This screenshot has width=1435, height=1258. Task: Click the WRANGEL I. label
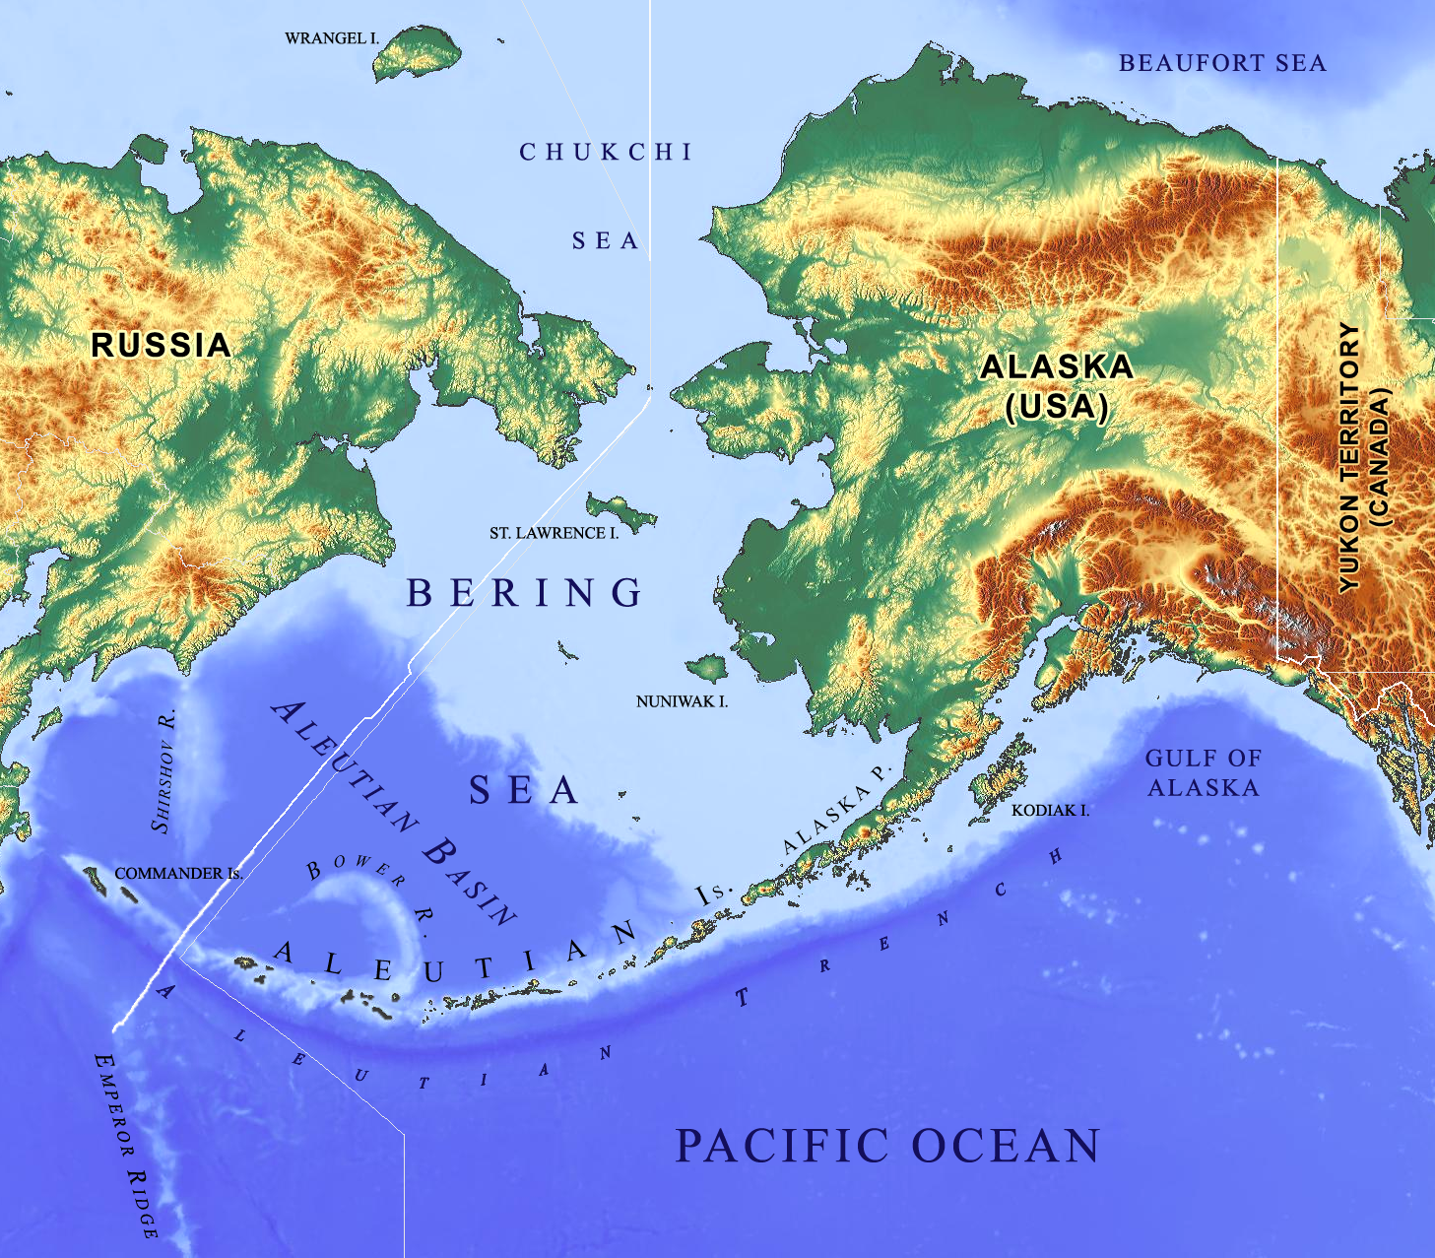(332, 38)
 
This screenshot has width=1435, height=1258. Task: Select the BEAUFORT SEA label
(1222, 63)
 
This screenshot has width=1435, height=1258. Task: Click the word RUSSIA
(162, 345)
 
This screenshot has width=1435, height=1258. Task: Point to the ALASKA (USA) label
(1057, 386)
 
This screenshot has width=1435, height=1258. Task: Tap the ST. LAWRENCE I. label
(554, 533)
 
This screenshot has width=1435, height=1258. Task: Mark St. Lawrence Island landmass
(620, 510)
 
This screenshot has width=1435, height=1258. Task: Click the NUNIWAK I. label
(682, 701)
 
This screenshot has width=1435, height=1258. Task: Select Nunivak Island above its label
(708, 669)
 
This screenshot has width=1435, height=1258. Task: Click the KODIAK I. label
(1050, 810)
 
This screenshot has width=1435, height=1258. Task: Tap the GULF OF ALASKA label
(1203, 772)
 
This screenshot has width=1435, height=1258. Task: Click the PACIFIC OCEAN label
(887, 1146)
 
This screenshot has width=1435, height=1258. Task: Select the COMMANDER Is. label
(178, 873)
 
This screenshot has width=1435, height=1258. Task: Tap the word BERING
(525, 592)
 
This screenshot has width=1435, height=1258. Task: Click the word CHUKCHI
(607, 152)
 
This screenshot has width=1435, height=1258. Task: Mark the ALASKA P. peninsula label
(836, 809)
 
